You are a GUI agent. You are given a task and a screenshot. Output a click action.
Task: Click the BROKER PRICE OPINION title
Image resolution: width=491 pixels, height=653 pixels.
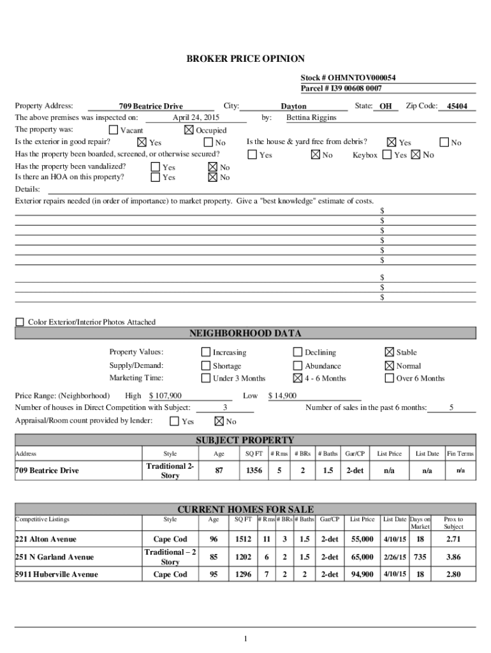pos(245,59)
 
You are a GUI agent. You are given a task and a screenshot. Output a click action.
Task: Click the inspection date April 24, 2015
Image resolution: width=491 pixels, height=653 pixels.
pos(196,118)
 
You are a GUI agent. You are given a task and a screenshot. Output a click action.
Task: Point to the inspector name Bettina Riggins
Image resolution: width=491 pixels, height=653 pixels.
pos(311,118)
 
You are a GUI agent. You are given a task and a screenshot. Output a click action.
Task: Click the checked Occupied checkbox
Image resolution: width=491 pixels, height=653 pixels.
pos(188,130)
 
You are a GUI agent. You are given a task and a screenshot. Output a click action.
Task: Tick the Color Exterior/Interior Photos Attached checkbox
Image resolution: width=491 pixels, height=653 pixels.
pos(20,322)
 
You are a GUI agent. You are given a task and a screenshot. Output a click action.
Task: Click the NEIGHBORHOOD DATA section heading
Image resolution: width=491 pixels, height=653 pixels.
pos(245,334)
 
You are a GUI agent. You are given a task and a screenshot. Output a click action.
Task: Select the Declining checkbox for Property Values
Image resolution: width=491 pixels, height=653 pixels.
pos(297,352)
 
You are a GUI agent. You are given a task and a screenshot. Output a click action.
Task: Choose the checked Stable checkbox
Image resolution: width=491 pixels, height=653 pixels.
pos(389,352)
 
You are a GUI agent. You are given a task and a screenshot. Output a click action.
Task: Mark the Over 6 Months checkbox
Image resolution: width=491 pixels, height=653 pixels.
pos(389,378)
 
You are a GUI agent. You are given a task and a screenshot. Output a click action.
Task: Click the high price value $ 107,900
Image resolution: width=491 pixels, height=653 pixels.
pos(165,396)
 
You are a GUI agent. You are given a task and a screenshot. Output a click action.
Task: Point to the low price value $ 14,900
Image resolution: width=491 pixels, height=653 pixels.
pos(282,396)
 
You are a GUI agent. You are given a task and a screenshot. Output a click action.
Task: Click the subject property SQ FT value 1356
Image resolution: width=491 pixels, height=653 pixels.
pos(254,471)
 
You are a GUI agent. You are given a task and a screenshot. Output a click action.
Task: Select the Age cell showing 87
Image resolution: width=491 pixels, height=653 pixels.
pos(219,471)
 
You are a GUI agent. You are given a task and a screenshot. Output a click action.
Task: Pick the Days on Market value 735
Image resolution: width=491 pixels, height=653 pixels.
pos(420,557)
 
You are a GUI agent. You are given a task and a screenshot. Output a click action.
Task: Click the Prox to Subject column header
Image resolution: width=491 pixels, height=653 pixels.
pos(453,523)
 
